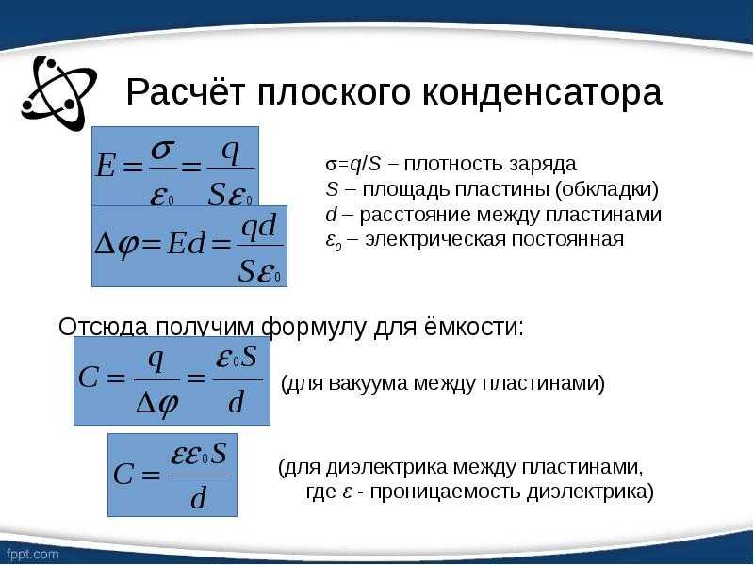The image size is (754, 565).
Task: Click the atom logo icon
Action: point(58,92)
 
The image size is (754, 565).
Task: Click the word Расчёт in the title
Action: point(186,91)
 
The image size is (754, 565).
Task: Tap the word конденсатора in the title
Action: point(542,92)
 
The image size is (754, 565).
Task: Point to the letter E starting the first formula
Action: point(106,166)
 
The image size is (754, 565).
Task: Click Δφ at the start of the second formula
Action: point(116,244)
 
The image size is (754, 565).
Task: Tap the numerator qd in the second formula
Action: point(258,227)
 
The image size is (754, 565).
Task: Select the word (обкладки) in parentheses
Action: point(606,189)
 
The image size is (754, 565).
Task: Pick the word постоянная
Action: point(567,239)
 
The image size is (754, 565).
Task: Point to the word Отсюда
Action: point(103,327)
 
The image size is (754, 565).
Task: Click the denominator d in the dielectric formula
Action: point(198,498)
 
